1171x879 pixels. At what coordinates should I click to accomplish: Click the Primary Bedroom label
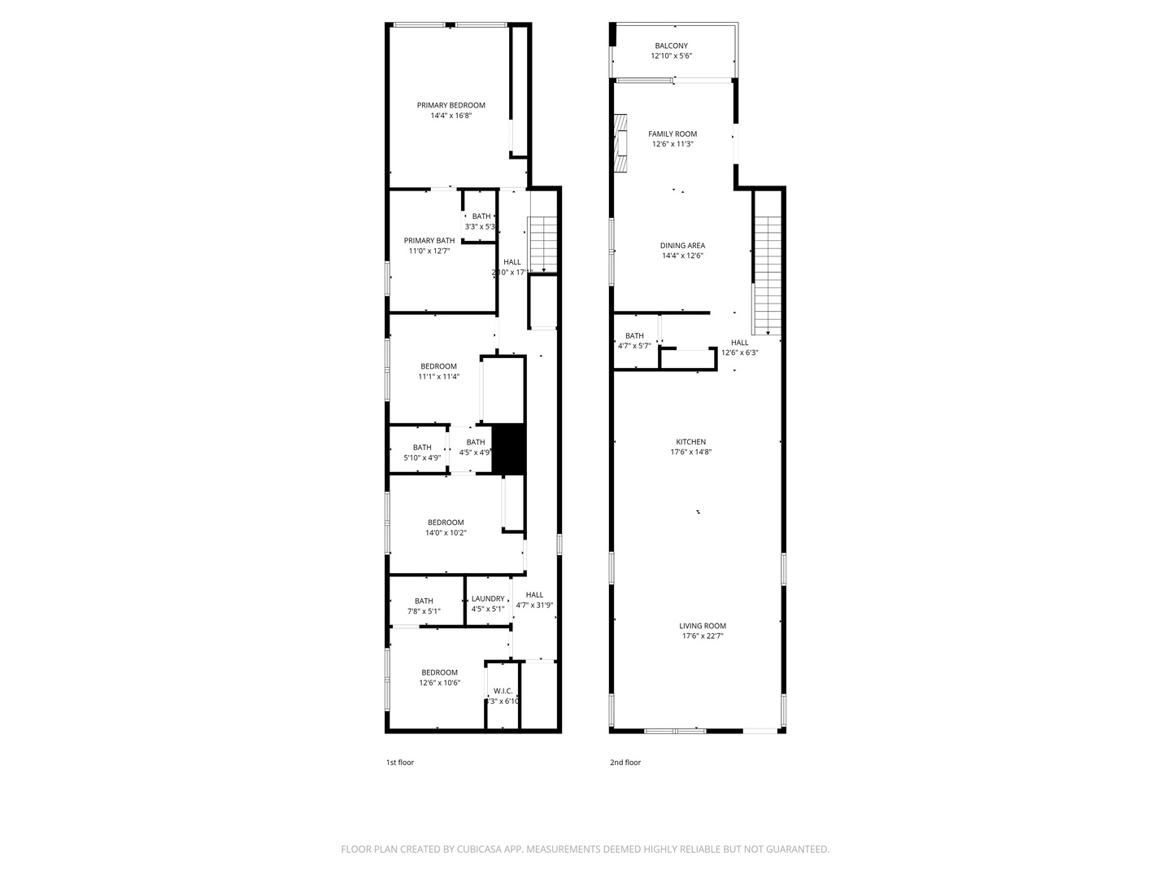click(451, 105)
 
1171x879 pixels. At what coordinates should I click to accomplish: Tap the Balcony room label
click(671, 46)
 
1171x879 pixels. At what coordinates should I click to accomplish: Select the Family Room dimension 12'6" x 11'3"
click(673, 144)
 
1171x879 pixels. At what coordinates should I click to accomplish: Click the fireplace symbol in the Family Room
click(622, 143)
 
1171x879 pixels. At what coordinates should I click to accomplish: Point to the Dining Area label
click(682, 245)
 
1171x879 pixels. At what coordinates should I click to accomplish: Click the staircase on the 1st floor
click(542, 244)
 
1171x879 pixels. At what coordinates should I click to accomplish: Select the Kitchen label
click(690, 442)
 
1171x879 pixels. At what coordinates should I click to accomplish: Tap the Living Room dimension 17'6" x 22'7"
click(703, 636)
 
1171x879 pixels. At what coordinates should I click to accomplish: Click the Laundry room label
click(488, 598)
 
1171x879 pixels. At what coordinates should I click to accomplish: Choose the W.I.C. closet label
click(503, 691)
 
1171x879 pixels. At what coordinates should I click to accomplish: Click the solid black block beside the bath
click(509, 448)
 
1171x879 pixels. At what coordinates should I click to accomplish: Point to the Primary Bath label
click(429, 240)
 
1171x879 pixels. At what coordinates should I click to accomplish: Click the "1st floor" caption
click(399, 763)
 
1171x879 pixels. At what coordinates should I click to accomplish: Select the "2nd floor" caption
click(625, 763)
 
